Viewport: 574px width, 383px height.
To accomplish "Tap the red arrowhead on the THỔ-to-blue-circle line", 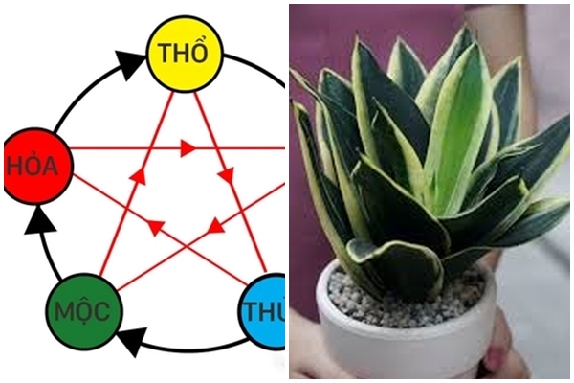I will click(228, 176).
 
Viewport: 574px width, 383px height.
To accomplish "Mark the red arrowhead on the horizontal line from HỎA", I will click(188, 148).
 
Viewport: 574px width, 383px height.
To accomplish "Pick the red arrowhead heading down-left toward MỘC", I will click(216, 228).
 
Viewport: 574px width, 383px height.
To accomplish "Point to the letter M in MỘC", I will click(61, 309).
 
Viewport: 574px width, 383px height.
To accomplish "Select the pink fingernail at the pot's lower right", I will click(498, 354).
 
